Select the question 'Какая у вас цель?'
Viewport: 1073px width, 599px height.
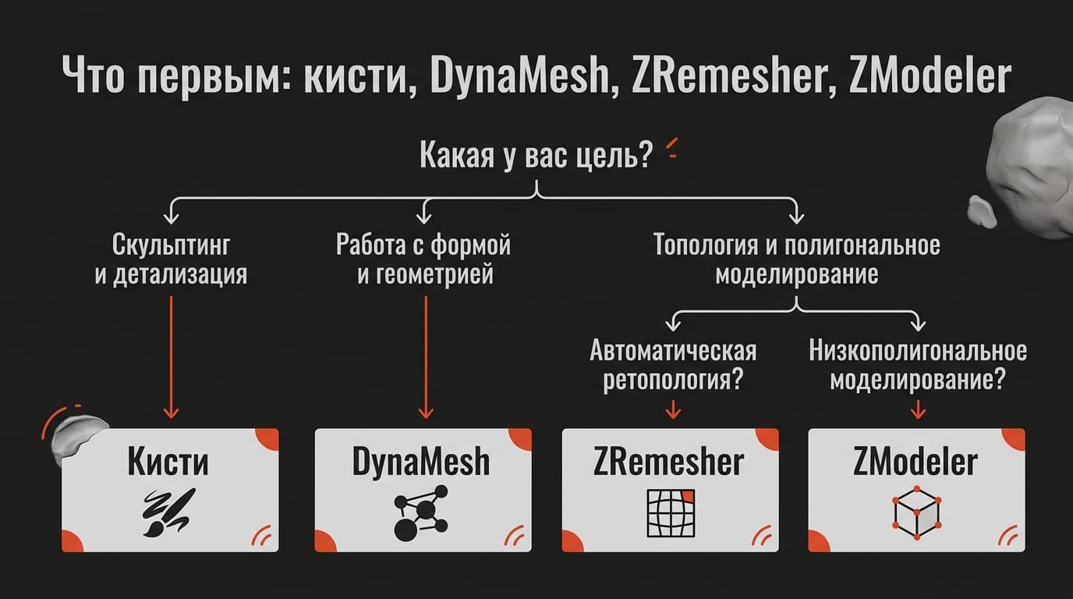coord(536,154)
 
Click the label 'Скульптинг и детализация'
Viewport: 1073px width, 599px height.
coord(171,259)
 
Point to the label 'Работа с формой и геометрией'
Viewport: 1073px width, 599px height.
coord(424,259)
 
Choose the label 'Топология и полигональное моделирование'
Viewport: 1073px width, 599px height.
coord(797,259)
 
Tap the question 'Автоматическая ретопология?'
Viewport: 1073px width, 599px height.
coord(673,365)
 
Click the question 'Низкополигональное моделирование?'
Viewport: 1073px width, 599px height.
coord(918,365)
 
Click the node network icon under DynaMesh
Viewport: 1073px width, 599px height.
coord(421,513)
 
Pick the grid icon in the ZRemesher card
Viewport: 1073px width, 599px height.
coord(671,513)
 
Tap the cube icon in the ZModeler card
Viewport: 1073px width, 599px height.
coord(917,513)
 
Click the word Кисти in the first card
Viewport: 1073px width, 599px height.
coord(168,462)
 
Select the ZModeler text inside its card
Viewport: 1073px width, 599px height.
coord(915,462)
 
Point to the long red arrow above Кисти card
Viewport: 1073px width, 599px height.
coord(171,357)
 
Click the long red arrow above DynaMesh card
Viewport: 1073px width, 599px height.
coord(426,357)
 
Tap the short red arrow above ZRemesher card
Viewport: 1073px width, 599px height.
coord(674,409)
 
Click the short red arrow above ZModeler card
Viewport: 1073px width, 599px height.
coord(918,409)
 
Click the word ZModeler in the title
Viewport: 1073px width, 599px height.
coord(930,76)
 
